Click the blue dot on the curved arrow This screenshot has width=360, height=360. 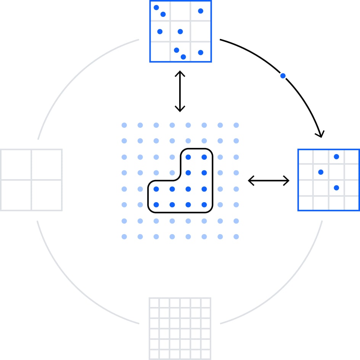[283, 76]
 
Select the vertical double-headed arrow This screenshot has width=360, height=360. [180, 91]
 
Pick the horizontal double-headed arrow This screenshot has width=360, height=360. [268, 180]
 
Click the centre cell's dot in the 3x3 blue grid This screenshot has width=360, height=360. [180, 31]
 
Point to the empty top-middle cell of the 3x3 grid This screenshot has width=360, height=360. [180, 11]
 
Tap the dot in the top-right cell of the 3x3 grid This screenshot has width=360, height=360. [201, 11]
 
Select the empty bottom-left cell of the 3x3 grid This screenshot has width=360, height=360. [160, 51]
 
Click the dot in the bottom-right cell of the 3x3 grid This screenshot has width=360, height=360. [201, 52]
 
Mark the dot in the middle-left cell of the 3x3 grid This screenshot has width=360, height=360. [160, 31]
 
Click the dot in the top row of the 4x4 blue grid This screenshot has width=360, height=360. [336, 156]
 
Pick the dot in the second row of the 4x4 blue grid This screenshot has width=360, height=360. [321, 172]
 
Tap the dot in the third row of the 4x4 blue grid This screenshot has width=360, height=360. [336, 188]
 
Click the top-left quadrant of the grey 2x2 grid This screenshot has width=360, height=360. [16, 165]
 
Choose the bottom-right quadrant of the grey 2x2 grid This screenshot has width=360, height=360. [47, 195]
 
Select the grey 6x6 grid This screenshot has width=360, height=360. [180, 328]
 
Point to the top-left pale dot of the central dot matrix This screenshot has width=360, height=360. [124, 125]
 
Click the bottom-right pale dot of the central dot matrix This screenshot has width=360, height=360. [236, 237]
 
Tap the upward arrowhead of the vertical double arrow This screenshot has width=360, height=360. [180, 73]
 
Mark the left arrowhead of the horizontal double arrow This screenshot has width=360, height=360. [250, 180]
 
